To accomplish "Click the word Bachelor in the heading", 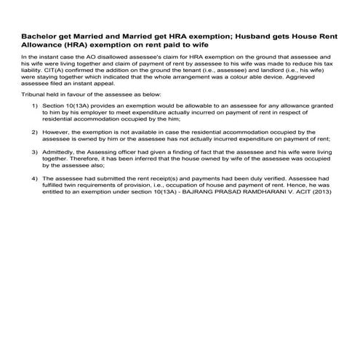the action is pyautogui.click(x=40, y=34).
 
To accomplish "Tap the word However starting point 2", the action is pyautogui.click(x=57, y=132).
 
